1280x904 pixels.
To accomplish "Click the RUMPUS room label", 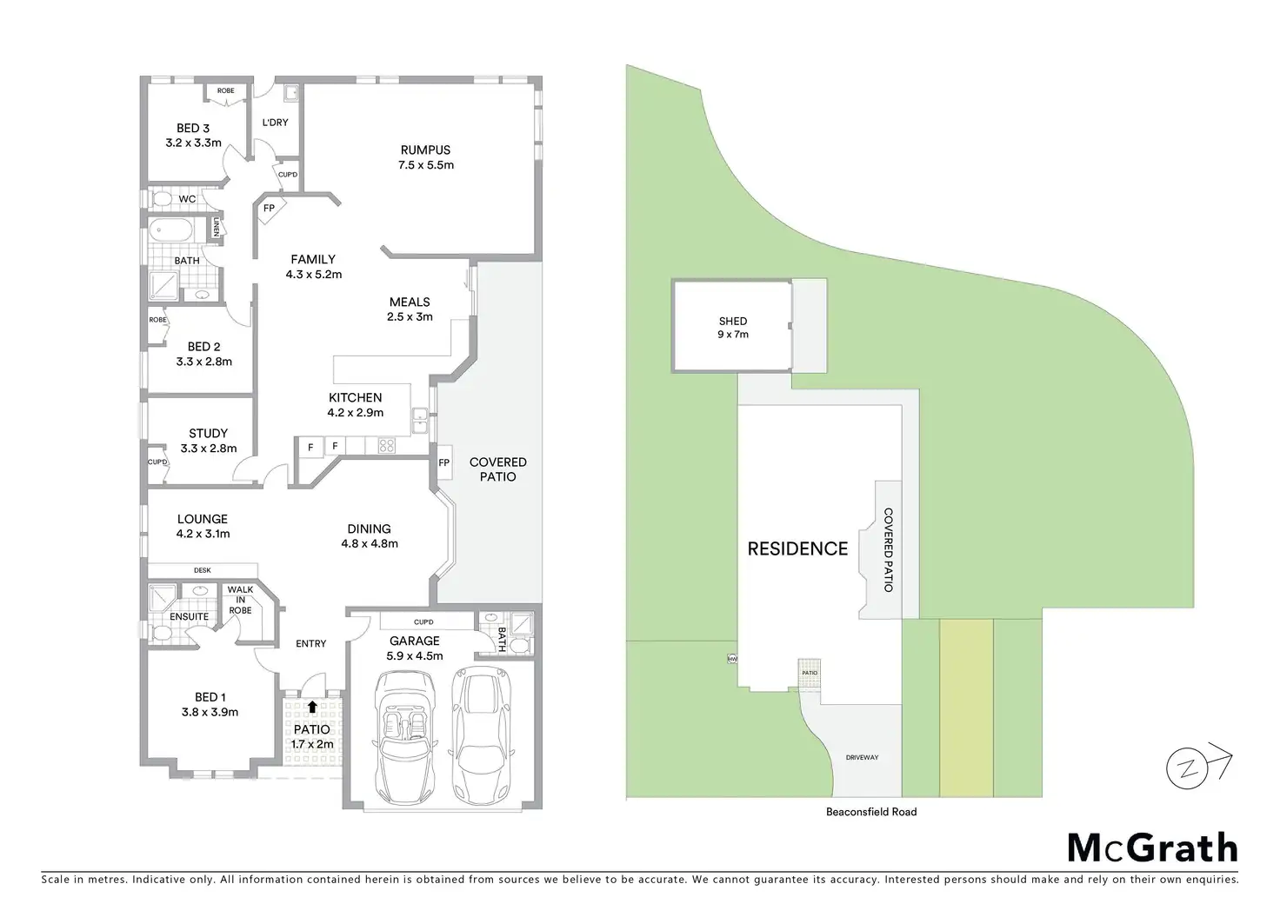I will (x=425, y=150).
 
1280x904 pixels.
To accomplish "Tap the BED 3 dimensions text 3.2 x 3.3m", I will (x=193, y=143).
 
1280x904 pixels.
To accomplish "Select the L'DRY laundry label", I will (x=275, y=123).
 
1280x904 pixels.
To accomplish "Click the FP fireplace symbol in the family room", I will (x=269, y=209).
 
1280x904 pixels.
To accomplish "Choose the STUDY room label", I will (x=208, y=433).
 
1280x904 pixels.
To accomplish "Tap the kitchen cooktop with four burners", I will (x=386, y=446).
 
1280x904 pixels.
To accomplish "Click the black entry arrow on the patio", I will (x=312, y=708).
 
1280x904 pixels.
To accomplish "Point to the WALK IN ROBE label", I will (x=240, y=600).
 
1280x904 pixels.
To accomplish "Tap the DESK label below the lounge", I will (x=202, y=570).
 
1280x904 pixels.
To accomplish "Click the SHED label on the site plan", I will (x=732, y=321).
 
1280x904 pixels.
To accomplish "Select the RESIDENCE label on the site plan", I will (x=797, y=548).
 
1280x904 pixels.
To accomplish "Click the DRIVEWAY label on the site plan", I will (x=862, y=757).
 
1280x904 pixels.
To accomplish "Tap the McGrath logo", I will (x=1151, y=847).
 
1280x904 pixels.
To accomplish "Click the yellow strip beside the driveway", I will (x=965, y=708).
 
